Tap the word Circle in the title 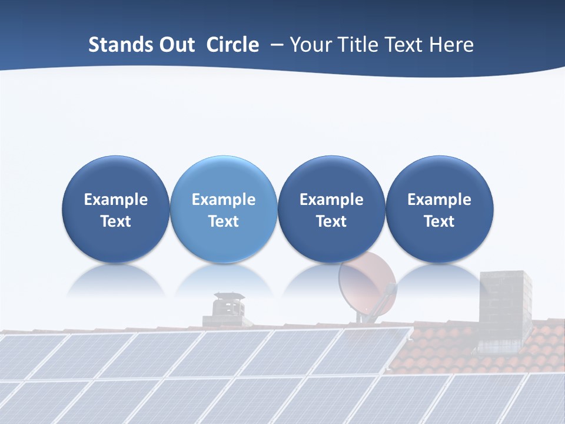pyautogui.click(x=232, y=45)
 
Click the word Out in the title pyautogui.click(x=175, y=45)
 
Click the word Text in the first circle pyautogui.click(x=116, y=221)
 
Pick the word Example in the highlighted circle pyautogui.click(x=224, y=200)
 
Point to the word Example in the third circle pyautogui.click(x=331, y=200)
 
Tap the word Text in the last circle pyautogui.click(x=439, y=221)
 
